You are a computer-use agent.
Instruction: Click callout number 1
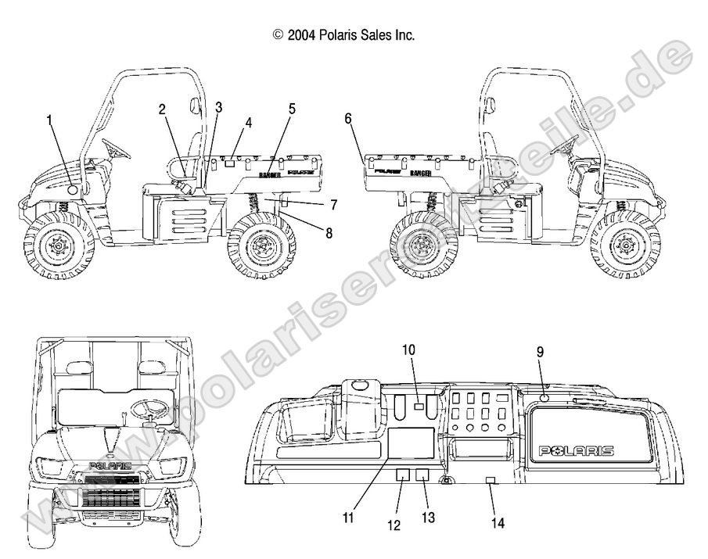[49, 120]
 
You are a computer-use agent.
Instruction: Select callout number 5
[292, 109]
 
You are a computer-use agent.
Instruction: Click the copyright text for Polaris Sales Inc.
[343, 34]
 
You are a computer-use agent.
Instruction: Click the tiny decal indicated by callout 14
[490, 478]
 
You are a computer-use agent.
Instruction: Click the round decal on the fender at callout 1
[72, 188]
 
